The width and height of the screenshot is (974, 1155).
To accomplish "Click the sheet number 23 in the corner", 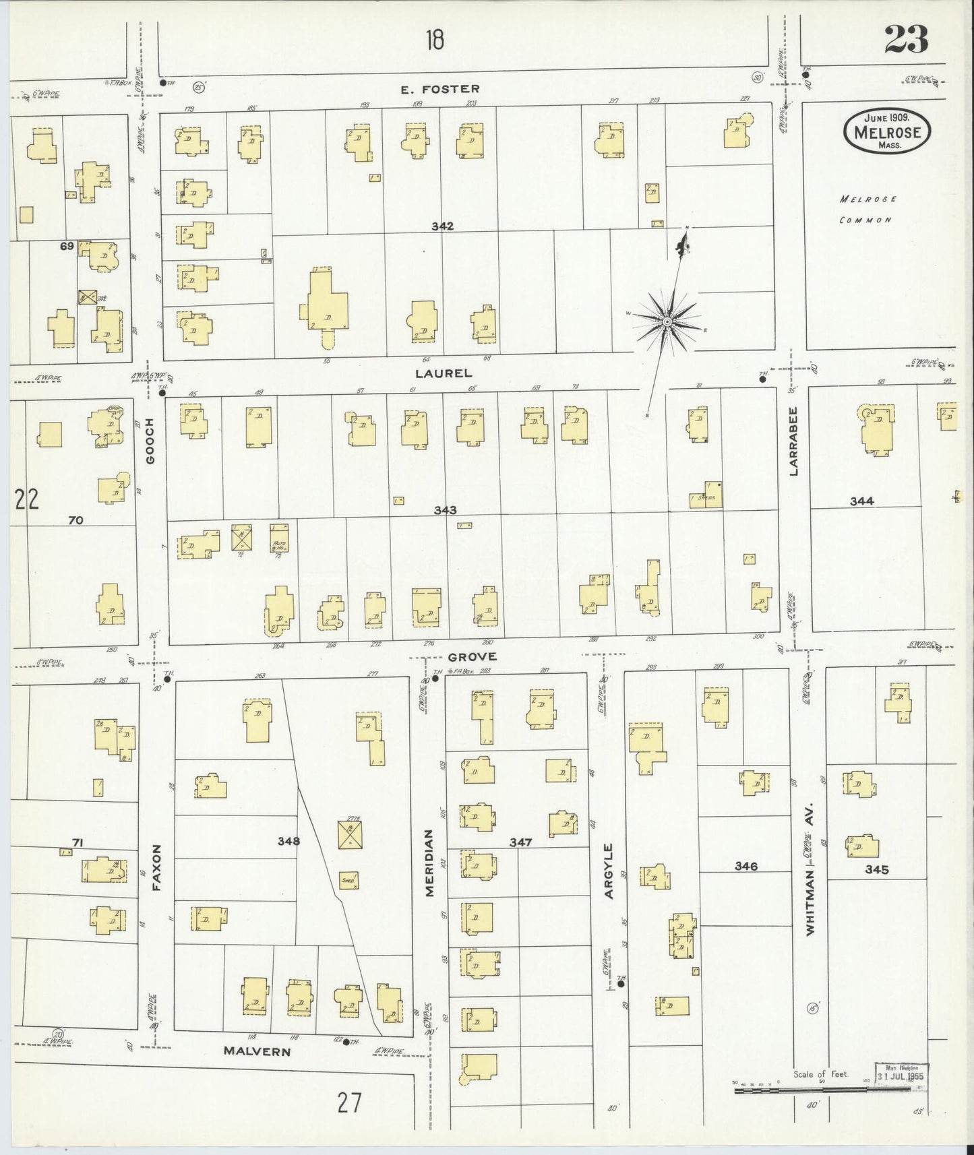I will [906, 39].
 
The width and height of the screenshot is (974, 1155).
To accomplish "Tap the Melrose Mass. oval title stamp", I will [886, 132].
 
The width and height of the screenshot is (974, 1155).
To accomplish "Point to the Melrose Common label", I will [868, 210].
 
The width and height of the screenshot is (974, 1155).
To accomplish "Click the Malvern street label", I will [257, 1051].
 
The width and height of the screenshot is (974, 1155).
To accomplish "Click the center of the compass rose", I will [667, 322].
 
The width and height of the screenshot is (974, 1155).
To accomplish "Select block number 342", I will [443, 226].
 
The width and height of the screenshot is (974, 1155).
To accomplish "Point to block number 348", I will [288, 841].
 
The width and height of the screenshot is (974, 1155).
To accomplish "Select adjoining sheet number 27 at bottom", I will [350, 1103].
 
